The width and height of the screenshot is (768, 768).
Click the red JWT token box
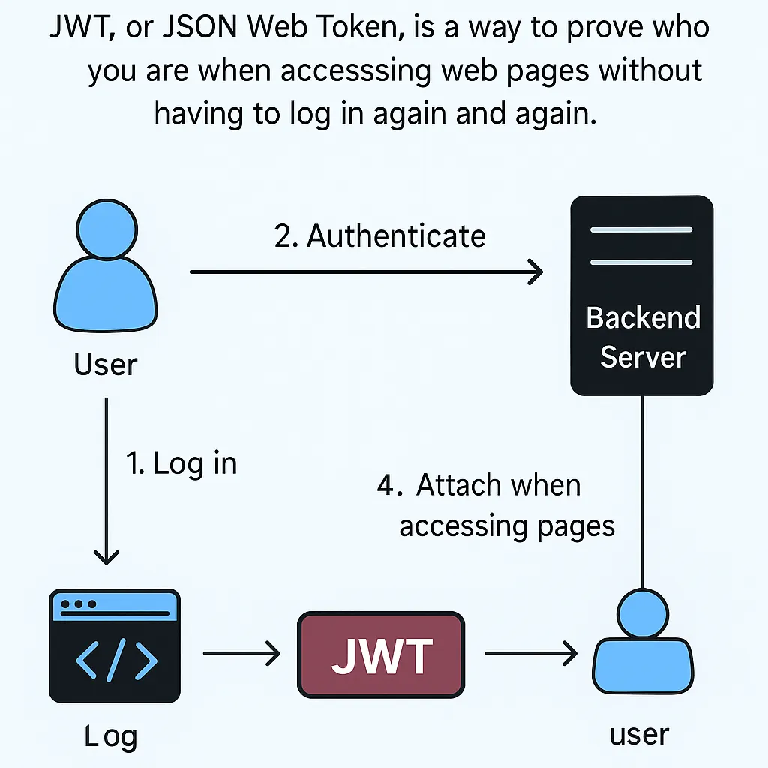tap(381, 655)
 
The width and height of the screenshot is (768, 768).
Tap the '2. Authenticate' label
tap(380, 236)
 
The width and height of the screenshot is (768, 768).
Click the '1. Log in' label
tap(181, 463)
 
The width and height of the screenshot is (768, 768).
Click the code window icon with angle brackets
tap(114, 646)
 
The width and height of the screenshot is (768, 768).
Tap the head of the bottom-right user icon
tap(641, 611)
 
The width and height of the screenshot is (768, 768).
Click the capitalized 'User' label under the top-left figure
tap(106, 364)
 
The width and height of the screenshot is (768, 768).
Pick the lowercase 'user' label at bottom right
tap(639, 733)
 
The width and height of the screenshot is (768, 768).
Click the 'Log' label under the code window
tap(111, 736)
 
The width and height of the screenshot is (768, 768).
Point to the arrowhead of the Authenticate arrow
tap(535, 272)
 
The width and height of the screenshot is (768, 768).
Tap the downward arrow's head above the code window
tap(106, 557)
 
